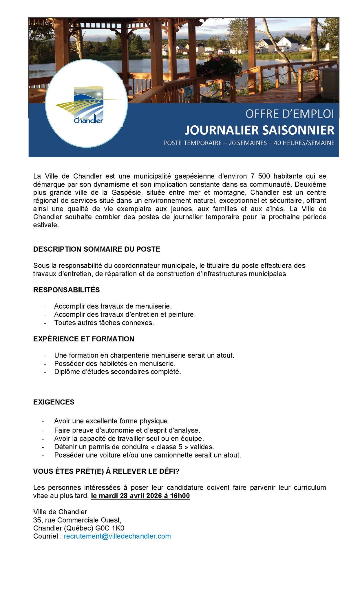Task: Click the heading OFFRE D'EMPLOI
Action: point(289,114)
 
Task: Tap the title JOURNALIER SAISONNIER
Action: point(260,130)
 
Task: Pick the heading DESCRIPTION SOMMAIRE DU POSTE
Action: point(96,249)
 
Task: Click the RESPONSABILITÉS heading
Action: point(66,290)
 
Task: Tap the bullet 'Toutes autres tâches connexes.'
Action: point(104,323)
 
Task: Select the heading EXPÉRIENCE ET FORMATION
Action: point(84,339)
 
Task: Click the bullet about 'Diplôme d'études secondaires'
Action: point(117,371)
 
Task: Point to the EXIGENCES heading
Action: point(54,402)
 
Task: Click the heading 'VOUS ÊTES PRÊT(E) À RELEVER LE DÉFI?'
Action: point(106,471)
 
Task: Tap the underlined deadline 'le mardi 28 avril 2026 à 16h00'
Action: point(140,496)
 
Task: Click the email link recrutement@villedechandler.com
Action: point(117,536)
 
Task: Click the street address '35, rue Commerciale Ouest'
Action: point(77,520)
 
